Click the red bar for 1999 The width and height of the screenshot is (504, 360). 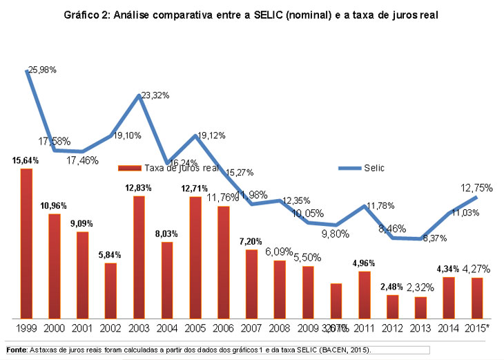click(26, 242)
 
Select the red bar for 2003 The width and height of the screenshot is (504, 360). click(139, 256)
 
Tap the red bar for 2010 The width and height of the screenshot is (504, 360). click(336, 299)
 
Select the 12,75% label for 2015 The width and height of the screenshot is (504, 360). click(478, 187)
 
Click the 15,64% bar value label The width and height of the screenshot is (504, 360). click(26, 160)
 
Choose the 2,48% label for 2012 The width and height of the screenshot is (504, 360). click(393, 286)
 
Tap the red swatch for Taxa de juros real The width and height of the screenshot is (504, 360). click(129, 168)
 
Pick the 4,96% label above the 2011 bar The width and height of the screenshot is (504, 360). click(365, 263)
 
